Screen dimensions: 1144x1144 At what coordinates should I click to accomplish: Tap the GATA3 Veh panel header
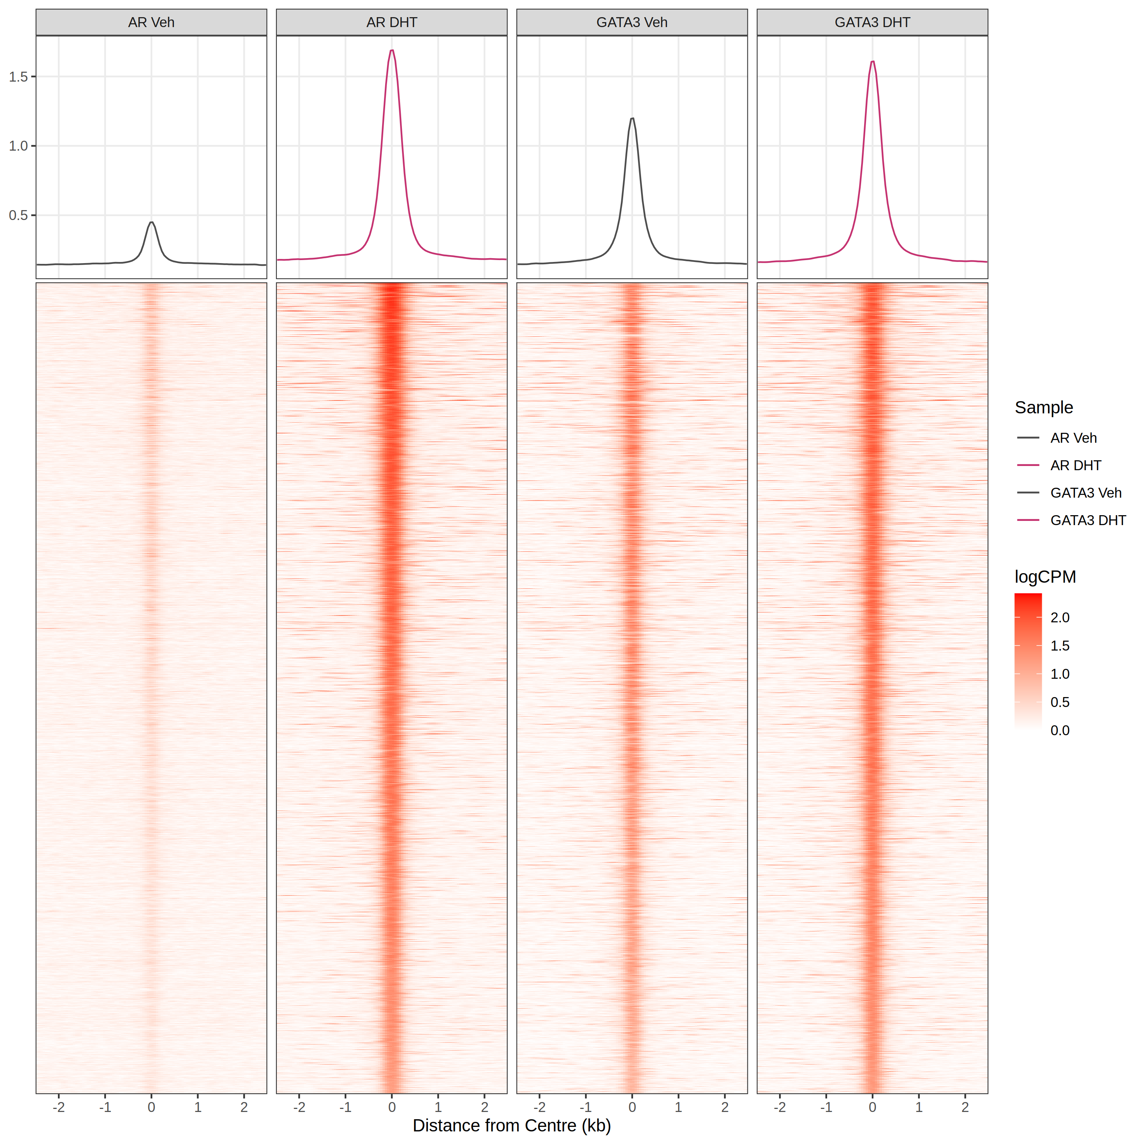[632, 22]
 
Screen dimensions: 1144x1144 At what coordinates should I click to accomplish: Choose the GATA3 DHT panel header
[872, 22]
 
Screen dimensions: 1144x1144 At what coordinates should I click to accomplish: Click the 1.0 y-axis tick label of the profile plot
[18, 146]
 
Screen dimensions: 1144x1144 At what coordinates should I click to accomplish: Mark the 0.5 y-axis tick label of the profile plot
[18, 215]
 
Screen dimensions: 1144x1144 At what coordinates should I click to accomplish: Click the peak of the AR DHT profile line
[392, 50]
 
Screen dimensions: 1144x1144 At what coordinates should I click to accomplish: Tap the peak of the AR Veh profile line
[152, 223]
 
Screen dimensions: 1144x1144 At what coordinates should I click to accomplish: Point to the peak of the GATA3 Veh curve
[632, 119]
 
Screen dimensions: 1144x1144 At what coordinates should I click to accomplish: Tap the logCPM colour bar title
[1045, 577]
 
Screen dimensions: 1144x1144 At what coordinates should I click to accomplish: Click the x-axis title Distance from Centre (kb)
[512, 1126]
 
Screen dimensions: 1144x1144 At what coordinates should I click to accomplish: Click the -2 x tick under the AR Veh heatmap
[59, 1107]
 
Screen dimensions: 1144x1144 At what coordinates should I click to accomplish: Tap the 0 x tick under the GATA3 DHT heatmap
[872, 1107]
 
